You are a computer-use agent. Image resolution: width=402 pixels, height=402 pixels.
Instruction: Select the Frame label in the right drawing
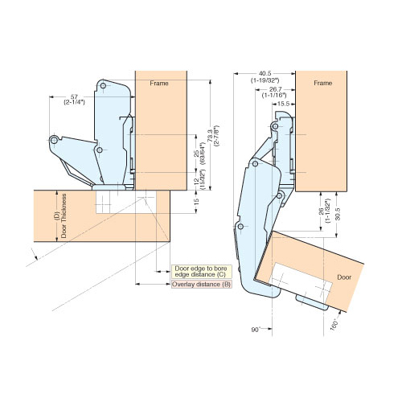[x=322, y=83]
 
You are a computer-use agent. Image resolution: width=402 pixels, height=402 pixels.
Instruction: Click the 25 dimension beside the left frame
[x=195, y=152]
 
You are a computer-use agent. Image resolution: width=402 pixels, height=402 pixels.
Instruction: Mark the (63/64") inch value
[x=203, y=152]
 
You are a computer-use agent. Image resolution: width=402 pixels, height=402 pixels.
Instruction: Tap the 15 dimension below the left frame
[x=195, y=201]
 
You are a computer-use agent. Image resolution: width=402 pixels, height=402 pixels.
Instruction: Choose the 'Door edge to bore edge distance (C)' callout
[x=200, y=272]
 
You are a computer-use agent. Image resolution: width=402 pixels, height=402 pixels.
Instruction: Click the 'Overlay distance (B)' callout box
[x=200, y=285]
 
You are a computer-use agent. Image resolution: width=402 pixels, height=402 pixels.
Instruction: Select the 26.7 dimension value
[x=274, y=91]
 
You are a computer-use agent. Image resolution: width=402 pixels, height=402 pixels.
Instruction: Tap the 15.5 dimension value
[x=284, y=104]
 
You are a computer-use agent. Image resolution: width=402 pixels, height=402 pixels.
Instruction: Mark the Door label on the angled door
[x=343, y=276]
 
